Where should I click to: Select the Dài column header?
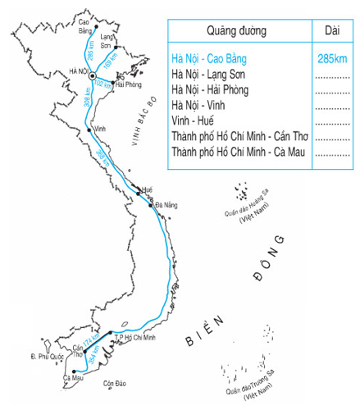coord(332,31)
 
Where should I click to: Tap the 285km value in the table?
coord(332,59)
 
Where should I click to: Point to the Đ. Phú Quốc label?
coord(46,357)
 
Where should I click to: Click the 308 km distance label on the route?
coord(86,101)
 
